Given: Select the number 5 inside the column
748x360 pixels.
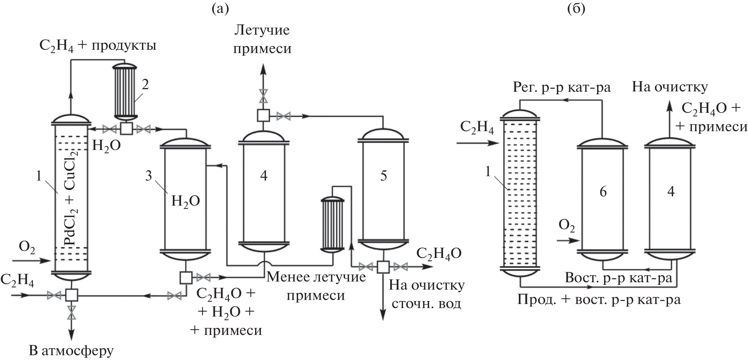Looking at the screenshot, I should [x=383, y=176].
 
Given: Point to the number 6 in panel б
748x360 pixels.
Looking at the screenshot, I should [x=603, y=192].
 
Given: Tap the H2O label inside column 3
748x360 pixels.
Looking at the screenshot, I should [x=185, y=201].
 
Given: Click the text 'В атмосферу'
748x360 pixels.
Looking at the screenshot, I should [x=71, y=351].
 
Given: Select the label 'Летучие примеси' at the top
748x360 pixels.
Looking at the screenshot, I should [x=262, y=39].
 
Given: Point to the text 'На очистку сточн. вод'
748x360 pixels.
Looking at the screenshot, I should [x=426, y=294].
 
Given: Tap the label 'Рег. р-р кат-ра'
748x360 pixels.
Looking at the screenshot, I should [x=562, y=87].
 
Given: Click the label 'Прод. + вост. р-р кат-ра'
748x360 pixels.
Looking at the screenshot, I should [x=599, y=299].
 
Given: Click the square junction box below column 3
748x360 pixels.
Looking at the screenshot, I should [x=185, y=277].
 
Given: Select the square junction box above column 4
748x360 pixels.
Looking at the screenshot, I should [x=263, y=115].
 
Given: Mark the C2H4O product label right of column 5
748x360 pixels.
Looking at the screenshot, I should [x=438, y=254].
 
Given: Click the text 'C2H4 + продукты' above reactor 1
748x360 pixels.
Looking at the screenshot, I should [x=98, y=46].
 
